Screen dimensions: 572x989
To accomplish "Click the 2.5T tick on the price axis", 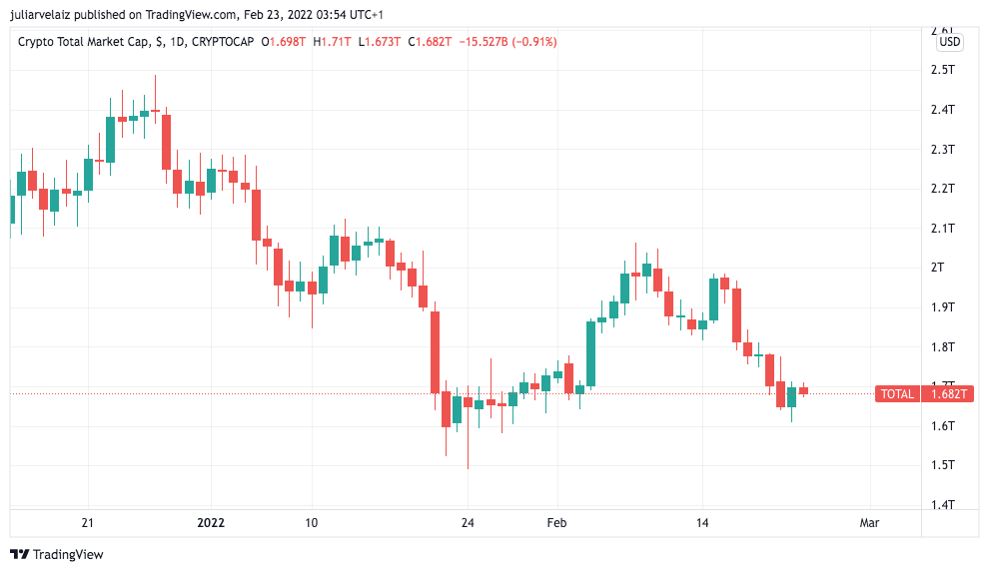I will click(943, 70).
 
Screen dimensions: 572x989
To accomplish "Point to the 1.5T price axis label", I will click(943, 465).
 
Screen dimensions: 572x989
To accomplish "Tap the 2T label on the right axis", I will click(937, 268).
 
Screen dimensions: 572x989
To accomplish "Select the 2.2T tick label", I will click(943, 189).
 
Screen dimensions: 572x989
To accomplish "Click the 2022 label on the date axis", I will click(211, 522).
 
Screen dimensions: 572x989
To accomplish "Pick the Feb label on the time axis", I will click(556, 522).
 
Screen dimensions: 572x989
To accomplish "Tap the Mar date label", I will click(869, 522).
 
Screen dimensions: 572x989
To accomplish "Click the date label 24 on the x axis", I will click(467, 522).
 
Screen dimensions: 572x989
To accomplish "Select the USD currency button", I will click(949, 42).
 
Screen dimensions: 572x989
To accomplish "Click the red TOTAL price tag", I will click(897, 394).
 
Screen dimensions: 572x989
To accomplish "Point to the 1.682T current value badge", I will click(948, 394).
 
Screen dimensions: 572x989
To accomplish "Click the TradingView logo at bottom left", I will click(57, 554).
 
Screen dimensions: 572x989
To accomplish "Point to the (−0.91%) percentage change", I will click(534, 42).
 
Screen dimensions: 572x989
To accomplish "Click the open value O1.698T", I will click(285, 42).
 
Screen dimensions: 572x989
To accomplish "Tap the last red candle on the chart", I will click(803, 390).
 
